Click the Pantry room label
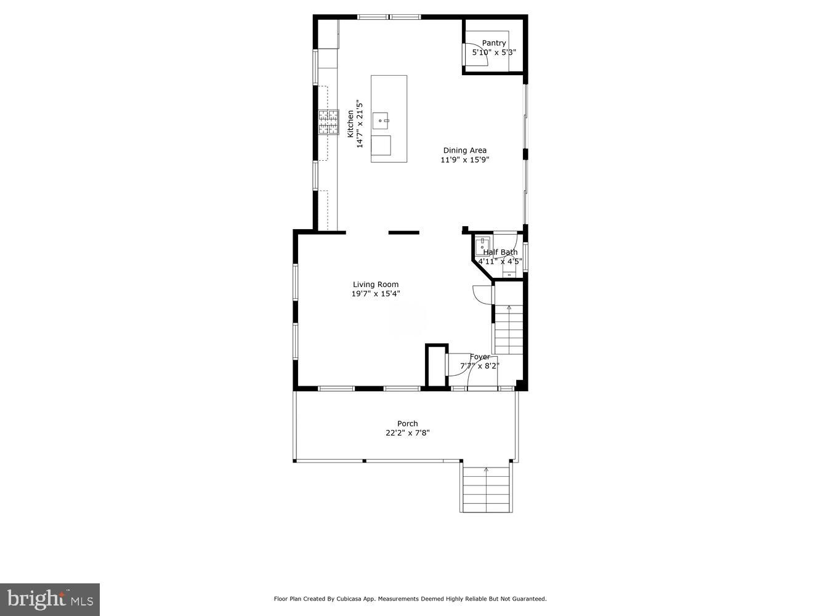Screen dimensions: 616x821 click(493, 43)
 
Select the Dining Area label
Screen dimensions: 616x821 click(464, 150)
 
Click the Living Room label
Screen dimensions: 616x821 click(375, 285)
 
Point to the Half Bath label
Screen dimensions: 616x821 click(499, 252)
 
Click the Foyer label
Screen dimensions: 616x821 click(480, 357)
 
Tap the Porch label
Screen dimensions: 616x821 click(407, 423)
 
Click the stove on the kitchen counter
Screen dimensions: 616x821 click(328, 122)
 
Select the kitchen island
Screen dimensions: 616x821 click(389, 119)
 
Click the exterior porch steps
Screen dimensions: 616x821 click(486, 489)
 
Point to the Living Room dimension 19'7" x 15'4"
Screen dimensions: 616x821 click(375, 294)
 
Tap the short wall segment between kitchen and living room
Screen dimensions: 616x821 click(403, 232)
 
